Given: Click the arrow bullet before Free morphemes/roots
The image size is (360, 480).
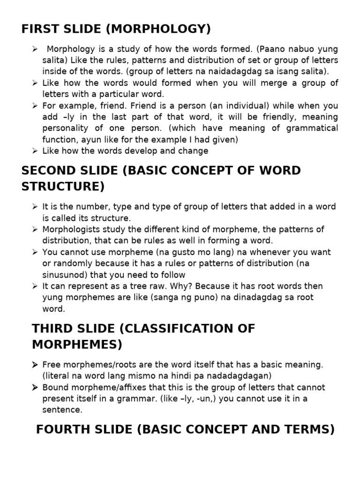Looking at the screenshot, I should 35,365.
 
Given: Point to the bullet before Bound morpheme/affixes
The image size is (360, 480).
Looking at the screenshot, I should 35,387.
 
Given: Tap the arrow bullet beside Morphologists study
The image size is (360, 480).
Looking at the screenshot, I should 35,229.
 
